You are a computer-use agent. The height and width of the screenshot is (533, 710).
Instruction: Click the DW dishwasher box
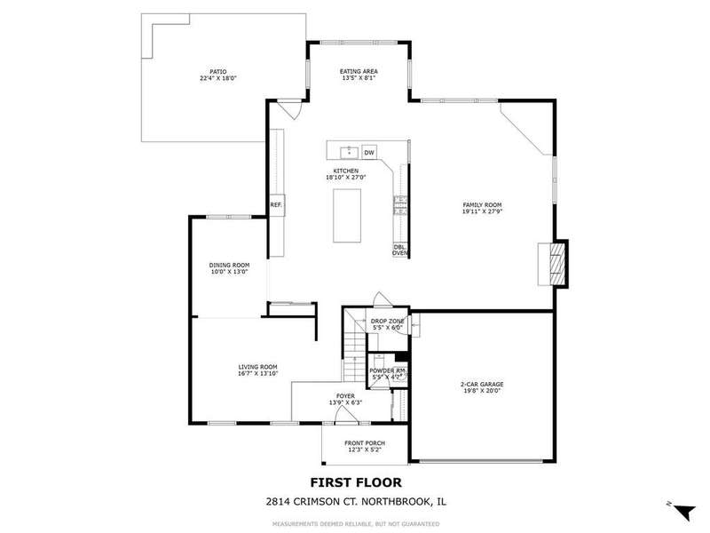coord(369,152)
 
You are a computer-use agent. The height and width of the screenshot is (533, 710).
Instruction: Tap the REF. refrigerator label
coord(276,205)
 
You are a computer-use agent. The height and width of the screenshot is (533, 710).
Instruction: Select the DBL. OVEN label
coord(400,250)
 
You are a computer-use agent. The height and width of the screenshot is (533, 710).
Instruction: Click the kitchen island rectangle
coord(347,216)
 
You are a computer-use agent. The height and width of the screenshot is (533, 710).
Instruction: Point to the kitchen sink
coord(349,152)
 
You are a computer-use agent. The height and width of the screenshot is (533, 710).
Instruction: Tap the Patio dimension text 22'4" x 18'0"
coord(218,78)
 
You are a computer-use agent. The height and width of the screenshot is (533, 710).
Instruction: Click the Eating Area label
coord(359,71)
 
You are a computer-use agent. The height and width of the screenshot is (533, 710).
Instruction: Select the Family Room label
coord(482,205)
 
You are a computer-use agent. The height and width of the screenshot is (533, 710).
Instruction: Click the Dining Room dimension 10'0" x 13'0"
coord(229,272)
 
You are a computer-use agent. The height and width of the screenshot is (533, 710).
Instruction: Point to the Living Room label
coord(257,367)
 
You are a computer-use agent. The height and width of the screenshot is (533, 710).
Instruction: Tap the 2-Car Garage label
coord(482,385)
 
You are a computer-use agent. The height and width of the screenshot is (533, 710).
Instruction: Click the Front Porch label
coord(365,443)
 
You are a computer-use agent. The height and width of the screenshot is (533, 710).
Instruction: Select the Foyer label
coord(345,396)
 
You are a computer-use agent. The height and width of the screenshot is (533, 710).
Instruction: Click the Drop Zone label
coord(387,322)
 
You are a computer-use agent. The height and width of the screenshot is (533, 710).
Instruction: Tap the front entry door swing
coord(347,415)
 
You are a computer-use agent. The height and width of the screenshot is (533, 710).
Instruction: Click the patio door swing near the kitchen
coord(290,109)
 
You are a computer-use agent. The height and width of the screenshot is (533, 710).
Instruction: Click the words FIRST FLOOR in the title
coord(356,482)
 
